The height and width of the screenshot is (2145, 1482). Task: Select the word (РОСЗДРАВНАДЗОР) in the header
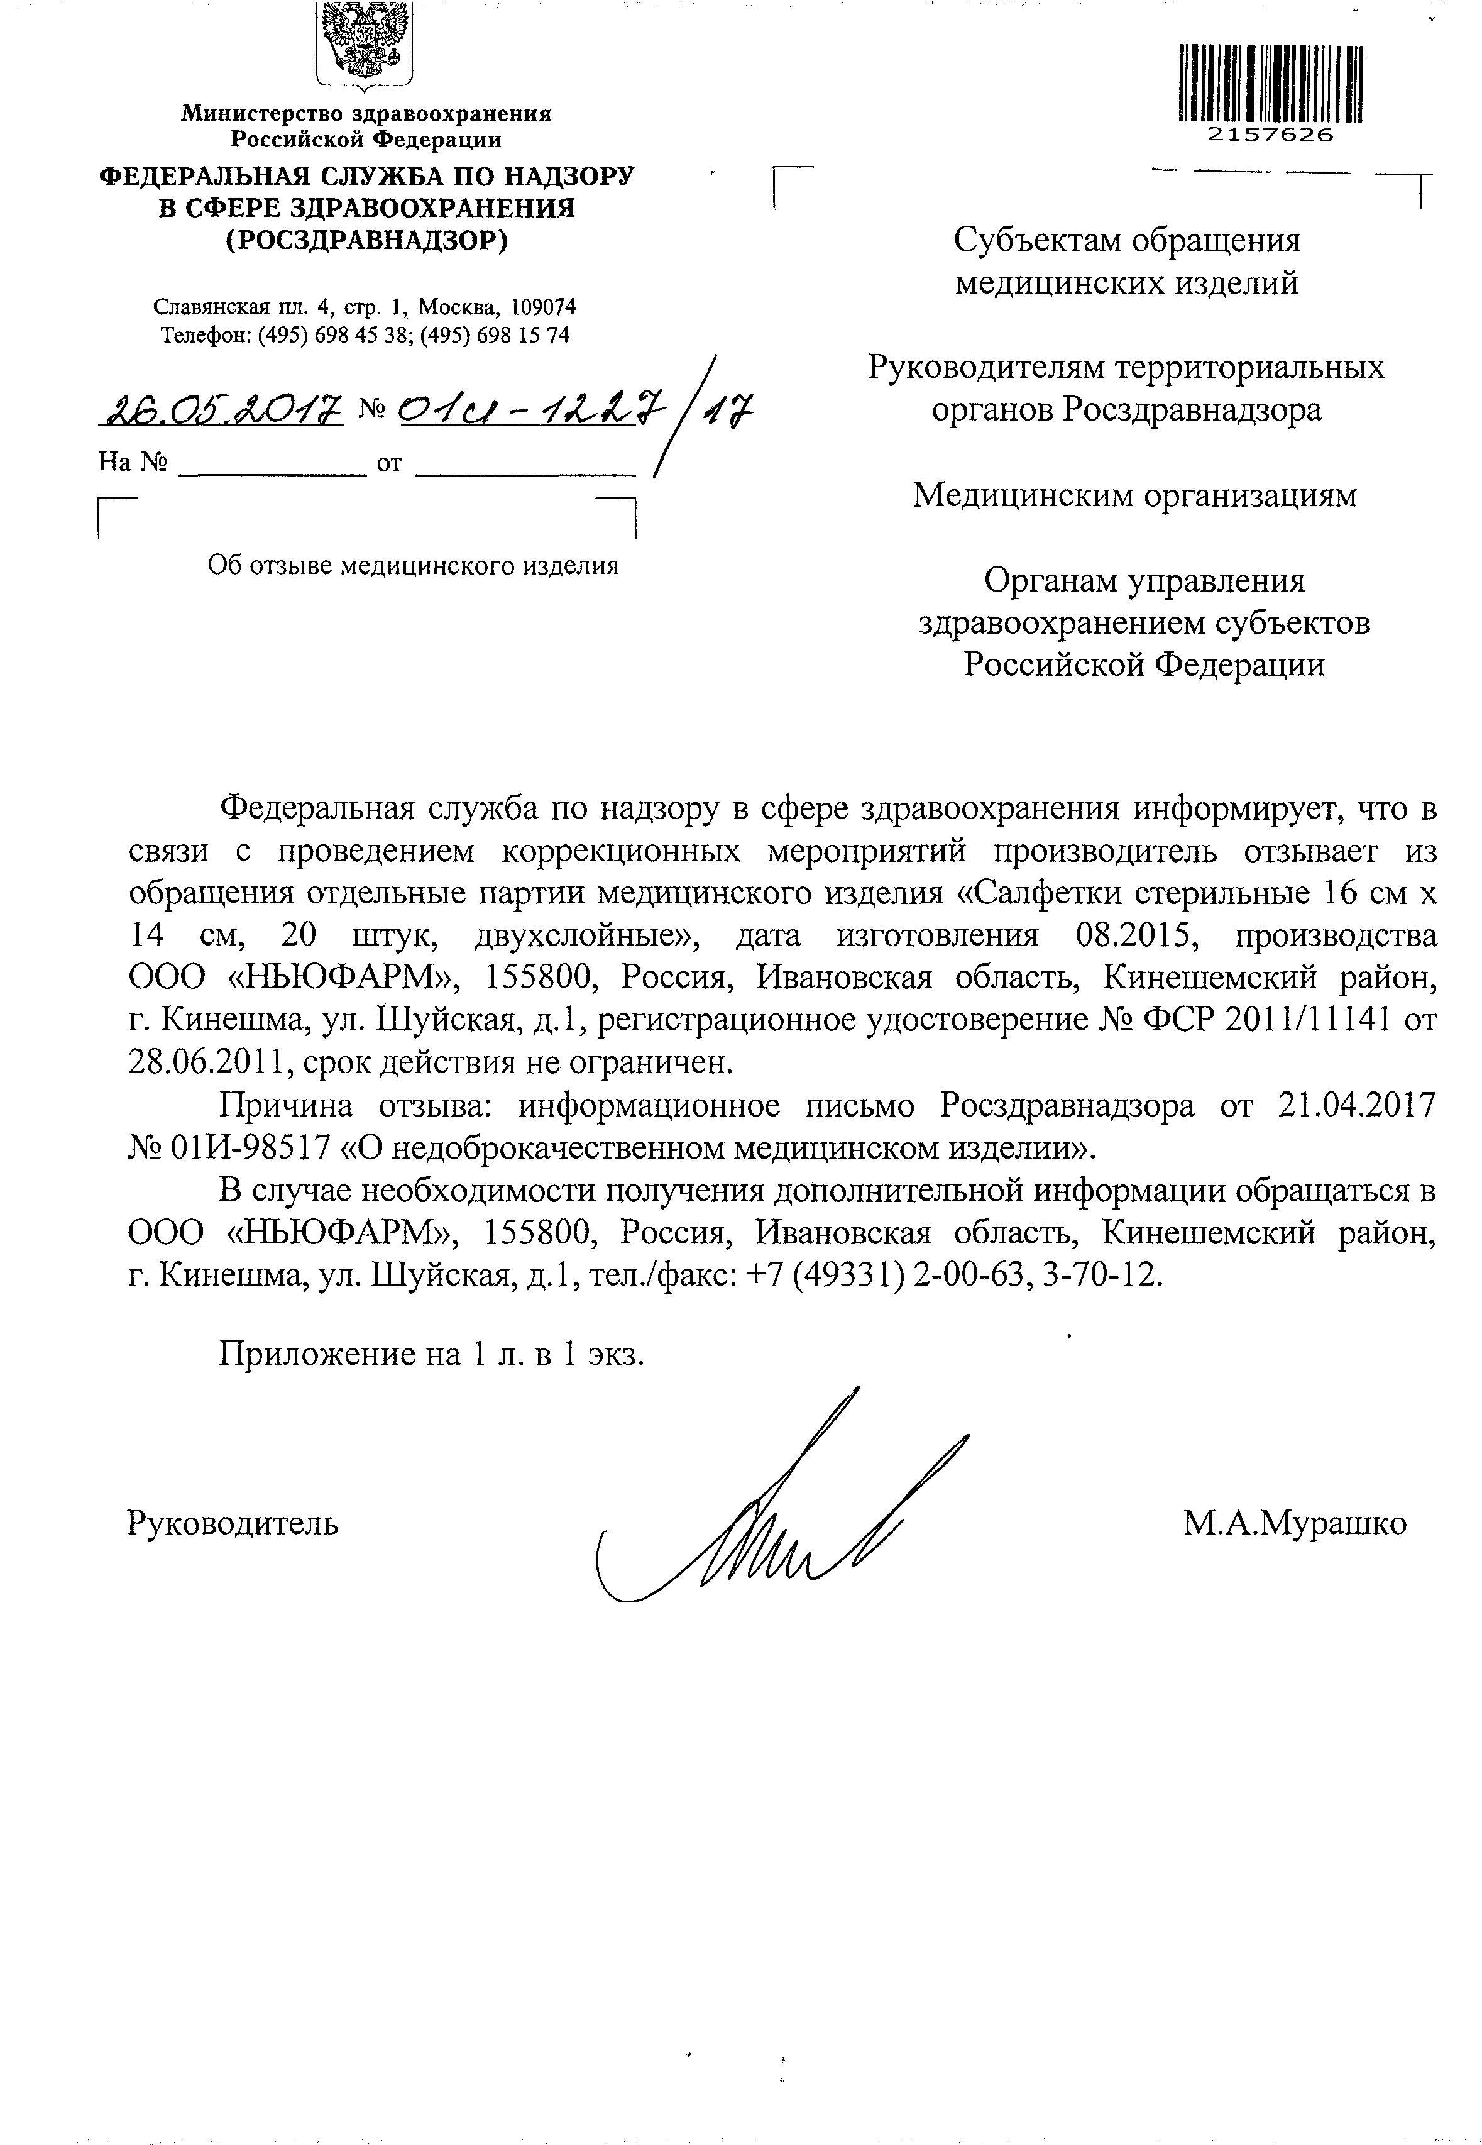point(367,241)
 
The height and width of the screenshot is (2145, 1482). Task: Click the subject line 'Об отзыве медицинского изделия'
point(412,566)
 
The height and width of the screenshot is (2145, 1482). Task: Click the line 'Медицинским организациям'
point(1134,496)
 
